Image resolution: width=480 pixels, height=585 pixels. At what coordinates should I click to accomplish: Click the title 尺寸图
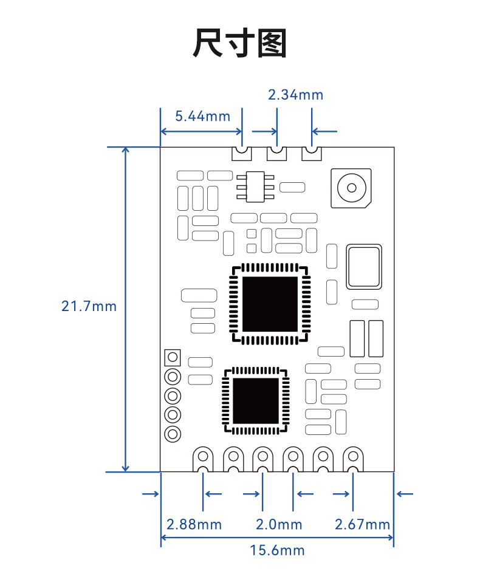point(239,43)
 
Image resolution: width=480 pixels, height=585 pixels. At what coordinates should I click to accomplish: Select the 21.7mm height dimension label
point(89,306)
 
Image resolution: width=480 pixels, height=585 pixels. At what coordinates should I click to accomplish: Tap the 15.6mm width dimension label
point(277,550)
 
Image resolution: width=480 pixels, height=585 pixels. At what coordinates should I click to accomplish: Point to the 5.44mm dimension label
point(203,117)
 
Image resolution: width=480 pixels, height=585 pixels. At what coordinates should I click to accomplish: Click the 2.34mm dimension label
point(296,95)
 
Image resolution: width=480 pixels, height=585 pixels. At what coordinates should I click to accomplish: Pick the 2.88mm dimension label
point(194,525)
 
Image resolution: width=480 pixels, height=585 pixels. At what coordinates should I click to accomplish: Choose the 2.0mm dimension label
point(279,525)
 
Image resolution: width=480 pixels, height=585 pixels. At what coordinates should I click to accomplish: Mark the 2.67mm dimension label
point(362,525)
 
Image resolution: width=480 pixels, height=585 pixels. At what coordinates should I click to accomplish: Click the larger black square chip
point(270,304)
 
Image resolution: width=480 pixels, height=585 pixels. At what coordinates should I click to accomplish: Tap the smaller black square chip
point(256,401)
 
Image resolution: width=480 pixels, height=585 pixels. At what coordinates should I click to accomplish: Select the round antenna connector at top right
point(351,188)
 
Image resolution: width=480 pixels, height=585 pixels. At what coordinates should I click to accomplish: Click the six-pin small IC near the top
point(255,187)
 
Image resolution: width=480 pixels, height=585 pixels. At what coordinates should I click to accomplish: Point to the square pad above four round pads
point(173,357)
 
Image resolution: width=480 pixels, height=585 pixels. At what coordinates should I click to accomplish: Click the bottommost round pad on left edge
point(173,434)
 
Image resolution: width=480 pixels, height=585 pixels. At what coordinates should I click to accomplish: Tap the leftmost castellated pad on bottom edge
point(203,460)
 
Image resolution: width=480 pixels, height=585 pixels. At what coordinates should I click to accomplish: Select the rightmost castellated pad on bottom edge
point(353,460)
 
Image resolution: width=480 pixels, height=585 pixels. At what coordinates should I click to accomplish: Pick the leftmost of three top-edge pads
point(242,153)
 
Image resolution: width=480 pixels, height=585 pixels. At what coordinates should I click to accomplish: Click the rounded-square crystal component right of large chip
point(364,267)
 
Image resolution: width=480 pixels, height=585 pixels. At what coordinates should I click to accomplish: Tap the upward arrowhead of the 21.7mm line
point(125,151)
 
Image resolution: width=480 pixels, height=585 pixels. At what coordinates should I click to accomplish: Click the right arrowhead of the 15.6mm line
point(391,538)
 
